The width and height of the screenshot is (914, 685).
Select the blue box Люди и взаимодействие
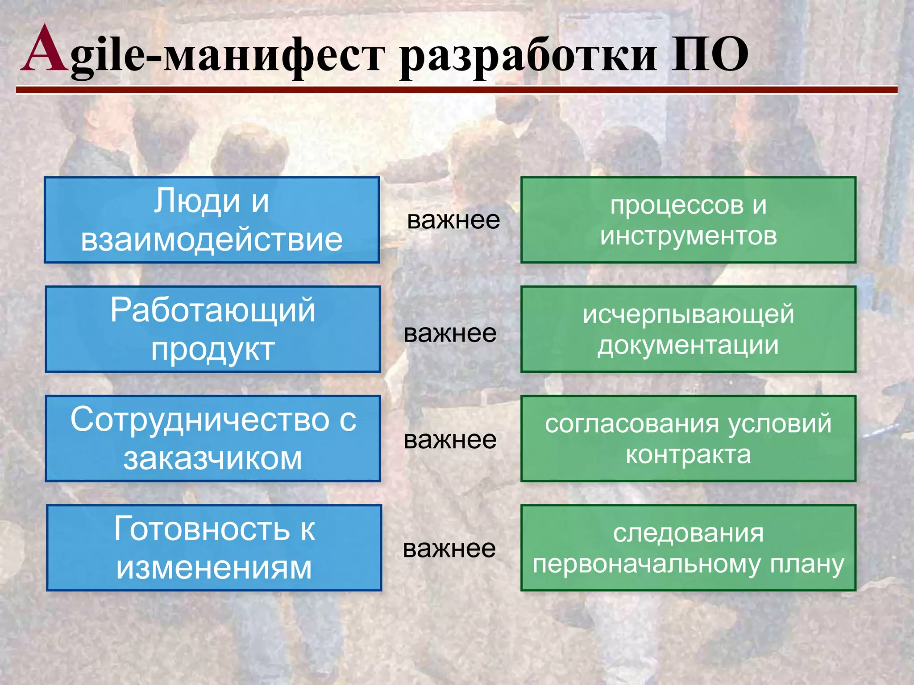click(212, 220)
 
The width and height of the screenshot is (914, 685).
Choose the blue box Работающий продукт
click(213, 329)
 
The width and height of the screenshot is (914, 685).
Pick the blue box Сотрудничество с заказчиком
click(213, 438)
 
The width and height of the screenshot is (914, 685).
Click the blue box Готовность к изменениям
click(214, 548)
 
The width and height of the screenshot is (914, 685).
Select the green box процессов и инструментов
click(688, 220)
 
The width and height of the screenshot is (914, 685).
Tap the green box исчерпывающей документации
click(688, 329)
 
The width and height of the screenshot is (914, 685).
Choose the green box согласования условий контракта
click(688, 438)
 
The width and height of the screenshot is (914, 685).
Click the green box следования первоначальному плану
click(688, 548)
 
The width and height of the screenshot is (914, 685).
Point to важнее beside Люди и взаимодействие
click(453, 220)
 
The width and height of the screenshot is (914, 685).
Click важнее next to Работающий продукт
click(450, 334)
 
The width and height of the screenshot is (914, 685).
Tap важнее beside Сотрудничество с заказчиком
click(450, 440)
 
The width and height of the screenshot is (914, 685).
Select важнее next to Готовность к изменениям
click(449, 549)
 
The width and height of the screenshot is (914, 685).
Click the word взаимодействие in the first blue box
click(212, 240)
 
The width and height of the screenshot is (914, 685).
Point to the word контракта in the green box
click(688, 455)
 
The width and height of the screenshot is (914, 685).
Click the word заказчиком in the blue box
click(213, 458)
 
